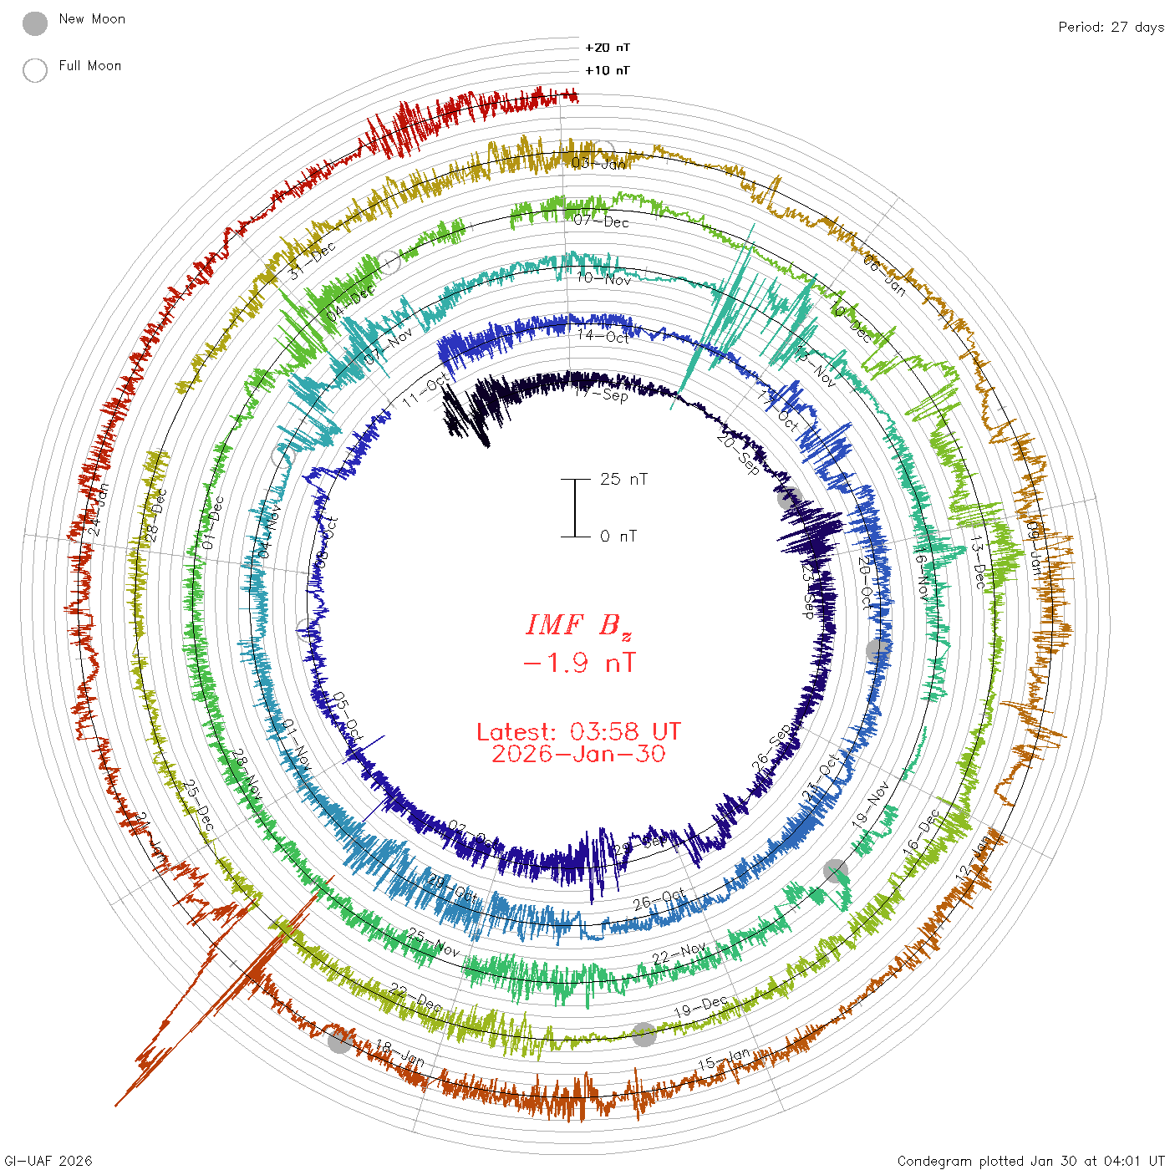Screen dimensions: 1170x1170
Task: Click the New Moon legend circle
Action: point(35,23)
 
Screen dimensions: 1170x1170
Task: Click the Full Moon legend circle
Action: point(35,70)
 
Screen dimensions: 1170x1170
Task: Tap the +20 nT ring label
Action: point(608,48)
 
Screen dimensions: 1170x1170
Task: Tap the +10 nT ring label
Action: point(608,70)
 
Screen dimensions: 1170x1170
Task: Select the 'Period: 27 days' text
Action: point(1111,27)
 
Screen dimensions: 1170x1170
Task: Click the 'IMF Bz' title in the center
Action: point(578,625)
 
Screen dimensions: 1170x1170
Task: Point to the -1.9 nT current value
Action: point(578,663)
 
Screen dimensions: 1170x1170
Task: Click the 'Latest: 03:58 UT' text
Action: point(578,732)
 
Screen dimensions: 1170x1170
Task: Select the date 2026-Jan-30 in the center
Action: point(578,754)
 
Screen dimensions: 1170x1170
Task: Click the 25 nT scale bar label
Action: point(623,479)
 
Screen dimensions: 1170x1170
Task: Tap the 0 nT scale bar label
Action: point(618,536)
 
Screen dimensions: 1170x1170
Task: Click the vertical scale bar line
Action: point(575,507)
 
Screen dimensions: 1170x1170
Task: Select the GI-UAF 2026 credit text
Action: point(48,1161)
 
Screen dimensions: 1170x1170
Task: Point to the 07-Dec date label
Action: point(602,221)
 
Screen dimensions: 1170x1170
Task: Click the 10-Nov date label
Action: point(603,278)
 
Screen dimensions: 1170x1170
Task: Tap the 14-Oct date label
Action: point(603,336)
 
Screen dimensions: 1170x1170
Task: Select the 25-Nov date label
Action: point(434,943)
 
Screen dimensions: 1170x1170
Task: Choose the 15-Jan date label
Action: point(725,1060)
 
